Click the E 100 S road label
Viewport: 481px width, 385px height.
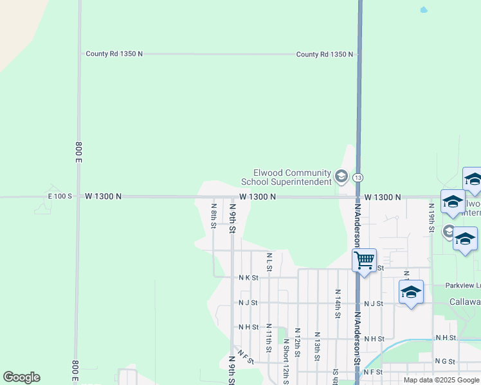click(x=60, y=196)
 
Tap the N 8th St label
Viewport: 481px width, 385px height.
click(x=213, y=214)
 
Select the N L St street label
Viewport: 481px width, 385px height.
click(x=269, y=261)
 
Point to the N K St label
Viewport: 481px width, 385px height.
click(x=248, y=278)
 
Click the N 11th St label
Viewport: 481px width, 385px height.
click(x=268, y=338)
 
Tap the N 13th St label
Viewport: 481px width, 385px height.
click(x=317, y=345)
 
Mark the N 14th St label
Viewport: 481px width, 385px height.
click(x=337, y=303)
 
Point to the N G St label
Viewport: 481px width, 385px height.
click(x=444, y=361)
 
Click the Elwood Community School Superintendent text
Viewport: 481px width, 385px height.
click(x=292, y=177)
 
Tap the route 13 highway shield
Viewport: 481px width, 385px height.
click(x=358, y=177)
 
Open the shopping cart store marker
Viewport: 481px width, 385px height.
click(x=364, y=260)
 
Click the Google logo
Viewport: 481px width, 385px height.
click(x=21, y=377)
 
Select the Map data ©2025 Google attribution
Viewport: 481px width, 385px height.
click(x=441, y=380)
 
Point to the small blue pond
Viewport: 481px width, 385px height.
click(x=422, y=10)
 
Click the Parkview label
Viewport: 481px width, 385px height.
click(x=462, y=285)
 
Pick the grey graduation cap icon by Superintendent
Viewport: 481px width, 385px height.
click(x=341, y=176)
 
